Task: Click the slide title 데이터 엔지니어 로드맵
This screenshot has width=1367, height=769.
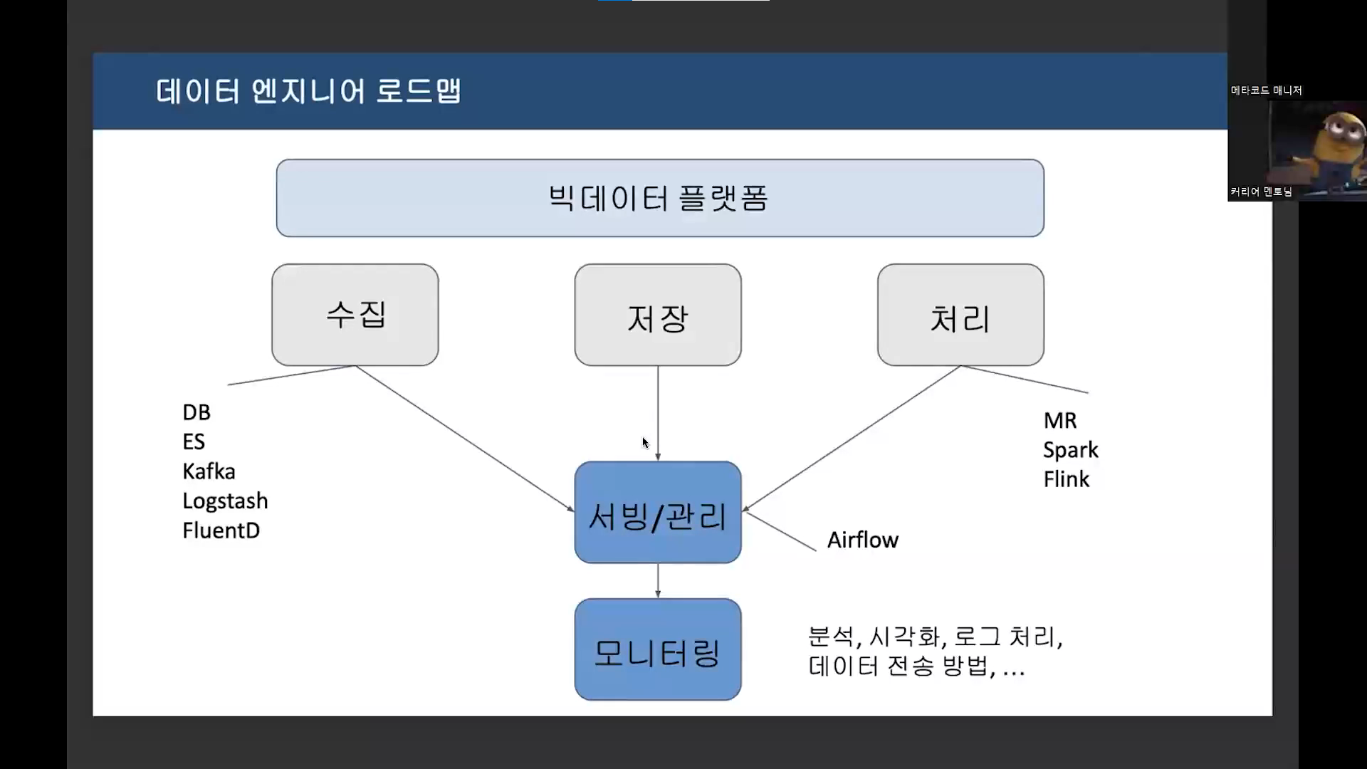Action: coord(308,92)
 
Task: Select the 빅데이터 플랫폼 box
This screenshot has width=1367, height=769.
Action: coord(659,198)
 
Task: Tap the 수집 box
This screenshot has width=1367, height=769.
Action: coord(355,315)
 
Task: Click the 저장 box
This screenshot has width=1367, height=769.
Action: coord(657,315)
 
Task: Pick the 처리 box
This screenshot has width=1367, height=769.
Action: coord(960,315)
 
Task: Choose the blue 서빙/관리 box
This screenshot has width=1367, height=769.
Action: coord(657,513)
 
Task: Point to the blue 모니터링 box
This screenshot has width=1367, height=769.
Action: coord(657,649)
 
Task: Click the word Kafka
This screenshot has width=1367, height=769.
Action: coord(209,471)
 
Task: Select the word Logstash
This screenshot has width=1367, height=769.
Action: coord(225,501)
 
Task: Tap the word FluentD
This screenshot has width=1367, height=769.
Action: coord(221,530)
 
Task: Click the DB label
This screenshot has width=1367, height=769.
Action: coord(197,412)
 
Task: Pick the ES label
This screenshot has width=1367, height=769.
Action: coord(194,442)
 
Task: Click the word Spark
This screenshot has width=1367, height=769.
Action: coord(1070,450)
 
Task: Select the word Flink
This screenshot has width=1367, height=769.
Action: coord(1066,479)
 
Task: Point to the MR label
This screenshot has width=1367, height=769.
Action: coord(1059,421)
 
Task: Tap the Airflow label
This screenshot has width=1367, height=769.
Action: coord(862,540)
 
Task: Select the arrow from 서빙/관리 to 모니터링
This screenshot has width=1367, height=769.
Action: coord(657,581)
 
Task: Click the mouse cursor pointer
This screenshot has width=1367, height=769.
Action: coord(645,443)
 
